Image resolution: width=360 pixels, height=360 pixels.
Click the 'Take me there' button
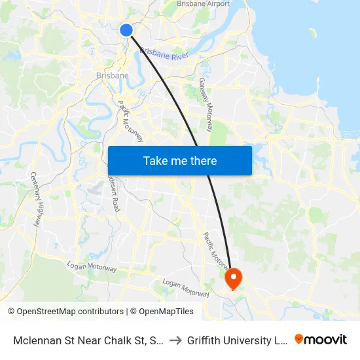point(180,160)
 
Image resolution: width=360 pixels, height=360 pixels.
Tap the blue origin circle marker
point(126,30)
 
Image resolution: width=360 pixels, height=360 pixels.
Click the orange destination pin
point(234,278)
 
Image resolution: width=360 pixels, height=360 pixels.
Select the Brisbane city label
point(112,75)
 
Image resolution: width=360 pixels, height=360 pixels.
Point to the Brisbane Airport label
point(203,4)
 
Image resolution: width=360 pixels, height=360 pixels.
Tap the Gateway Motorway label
point(206,105)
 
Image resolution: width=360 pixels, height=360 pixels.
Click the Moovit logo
point(321,339)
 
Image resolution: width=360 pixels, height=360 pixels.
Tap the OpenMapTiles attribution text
point(162,312)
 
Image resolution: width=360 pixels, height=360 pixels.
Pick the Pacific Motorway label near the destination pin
point(215,250)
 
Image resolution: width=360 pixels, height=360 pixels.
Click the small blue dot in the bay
point(312,32)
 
